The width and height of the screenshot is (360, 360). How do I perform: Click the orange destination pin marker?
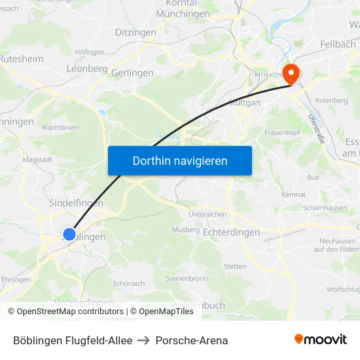(289, 74)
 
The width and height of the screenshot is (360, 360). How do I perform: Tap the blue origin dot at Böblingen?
(69, 234)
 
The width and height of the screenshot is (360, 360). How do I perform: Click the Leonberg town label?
(87, 69)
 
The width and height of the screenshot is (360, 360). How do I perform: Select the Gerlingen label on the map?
(132, 73)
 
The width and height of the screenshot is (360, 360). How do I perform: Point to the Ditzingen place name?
(135, 32)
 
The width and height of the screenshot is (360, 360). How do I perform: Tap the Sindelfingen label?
(76, 203)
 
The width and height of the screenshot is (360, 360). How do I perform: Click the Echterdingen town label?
(232, 232)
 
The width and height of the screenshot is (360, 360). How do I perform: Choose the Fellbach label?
(338, 44)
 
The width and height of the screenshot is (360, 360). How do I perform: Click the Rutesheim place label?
(21, 58)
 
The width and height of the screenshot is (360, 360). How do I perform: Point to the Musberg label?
(185, 230)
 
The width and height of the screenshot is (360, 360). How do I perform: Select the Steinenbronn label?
(187, 278)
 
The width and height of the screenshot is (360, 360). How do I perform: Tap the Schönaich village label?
(128, 283)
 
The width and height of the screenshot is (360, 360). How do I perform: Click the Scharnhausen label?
(325, 207)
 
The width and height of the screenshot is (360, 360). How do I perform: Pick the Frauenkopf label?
(282, 132)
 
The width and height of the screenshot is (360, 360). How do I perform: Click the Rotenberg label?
(332, 100)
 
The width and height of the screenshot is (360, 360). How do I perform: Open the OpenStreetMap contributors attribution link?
(70, 312)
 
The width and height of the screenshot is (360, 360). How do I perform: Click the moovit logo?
(321, 339)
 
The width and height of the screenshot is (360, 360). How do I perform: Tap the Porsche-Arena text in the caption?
(196, 340)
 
